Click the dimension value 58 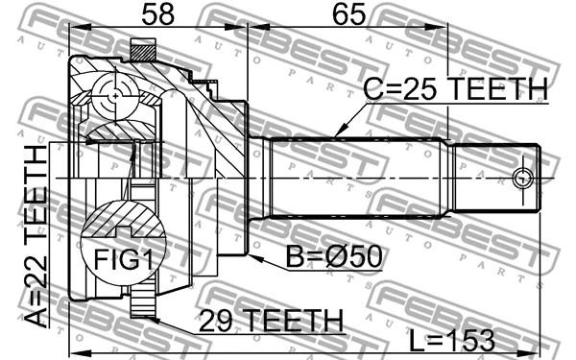158,14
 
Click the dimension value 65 348,14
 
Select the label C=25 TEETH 455,89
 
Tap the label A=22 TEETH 36,236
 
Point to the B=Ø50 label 334,256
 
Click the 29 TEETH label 271,321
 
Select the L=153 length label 452,340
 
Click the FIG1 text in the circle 123,259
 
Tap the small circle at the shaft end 521,179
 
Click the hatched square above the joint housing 143,50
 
